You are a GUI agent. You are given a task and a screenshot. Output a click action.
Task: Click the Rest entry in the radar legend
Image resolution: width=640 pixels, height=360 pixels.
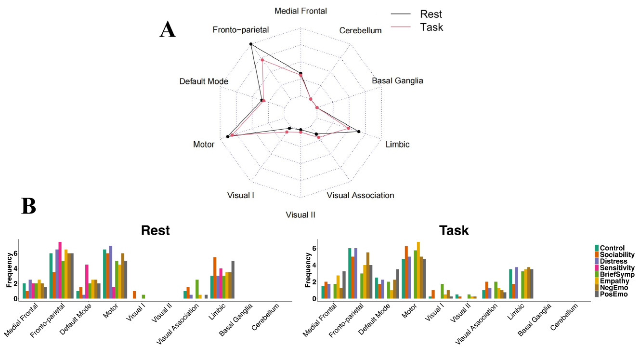click(x=430, y=14)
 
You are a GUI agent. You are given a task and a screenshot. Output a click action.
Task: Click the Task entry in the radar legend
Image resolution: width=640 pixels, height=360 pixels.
click(x=431, y=27)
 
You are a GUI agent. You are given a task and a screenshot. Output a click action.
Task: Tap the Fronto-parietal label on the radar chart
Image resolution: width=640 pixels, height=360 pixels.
click(x=240, y=30)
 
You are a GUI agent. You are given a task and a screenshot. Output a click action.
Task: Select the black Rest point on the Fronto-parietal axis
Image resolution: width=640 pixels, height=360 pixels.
click(x=251, y=44)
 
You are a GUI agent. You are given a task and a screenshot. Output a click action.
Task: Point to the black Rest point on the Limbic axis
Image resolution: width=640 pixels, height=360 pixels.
click(x=359, y=132)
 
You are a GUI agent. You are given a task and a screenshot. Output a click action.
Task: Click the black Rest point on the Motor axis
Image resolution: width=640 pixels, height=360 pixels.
click(x=227, y=137)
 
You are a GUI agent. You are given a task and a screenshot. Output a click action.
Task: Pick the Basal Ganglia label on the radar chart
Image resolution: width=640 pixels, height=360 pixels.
click(x=397, y=80)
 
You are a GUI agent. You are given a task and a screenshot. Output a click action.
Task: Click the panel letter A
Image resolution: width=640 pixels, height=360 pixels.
click(x=168, y=30)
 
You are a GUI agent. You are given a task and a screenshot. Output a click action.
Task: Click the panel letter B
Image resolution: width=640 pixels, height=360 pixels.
click(x=29, y=206)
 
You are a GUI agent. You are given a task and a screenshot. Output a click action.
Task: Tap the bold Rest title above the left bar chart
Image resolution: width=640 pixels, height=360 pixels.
click(x=155, y=230)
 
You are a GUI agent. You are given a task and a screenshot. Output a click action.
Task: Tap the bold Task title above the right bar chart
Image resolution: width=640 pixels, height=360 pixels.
click(x=454, y=230)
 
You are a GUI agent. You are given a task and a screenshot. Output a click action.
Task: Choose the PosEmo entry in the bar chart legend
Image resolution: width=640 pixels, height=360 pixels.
click(x=614, y=294)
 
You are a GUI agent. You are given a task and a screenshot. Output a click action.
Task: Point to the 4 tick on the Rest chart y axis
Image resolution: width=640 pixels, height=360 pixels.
click(x=15, y=268)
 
